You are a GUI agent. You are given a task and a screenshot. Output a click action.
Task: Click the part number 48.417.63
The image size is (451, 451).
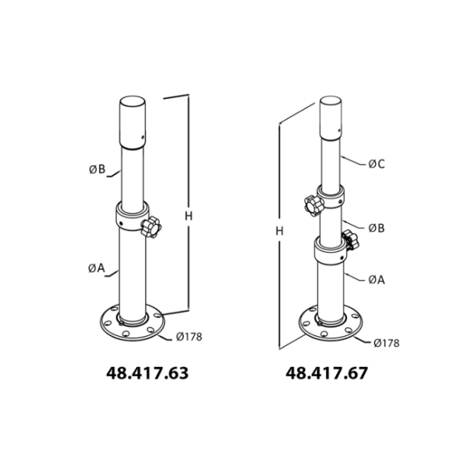click(147, 373)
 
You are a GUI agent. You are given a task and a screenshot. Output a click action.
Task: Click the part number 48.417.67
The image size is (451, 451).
click(327, 373)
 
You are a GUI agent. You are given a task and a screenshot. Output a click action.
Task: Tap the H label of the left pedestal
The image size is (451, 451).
click(189, 216)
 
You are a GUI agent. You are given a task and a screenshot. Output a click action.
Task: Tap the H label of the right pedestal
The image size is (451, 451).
click(280, 231)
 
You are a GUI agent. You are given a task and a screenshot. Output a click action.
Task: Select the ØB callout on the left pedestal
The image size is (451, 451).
click(97, 169)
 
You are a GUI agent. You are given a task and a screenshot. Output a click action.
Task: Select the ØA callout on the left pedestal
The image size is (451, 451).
click(97, 268)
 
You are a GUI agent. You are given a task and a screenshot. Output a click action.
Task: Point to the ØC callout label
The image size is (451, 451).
click(377, 164)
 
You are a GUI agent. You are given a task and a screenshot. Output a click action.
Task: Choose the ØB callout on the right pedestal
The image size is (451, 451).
click(377, 228)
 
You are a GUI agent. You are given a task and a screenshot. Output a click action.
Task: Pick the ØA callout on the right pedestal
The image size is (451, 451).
click(377, 280)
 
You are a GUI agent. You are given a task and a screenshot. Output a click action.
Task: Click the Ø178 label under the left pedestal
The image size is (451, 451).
click(189, 337)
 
